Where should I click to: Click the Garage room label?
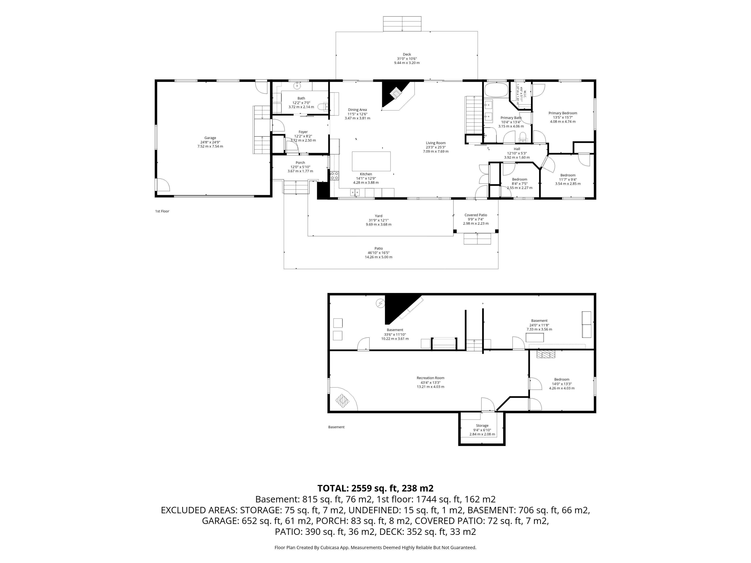[x=210, y=138]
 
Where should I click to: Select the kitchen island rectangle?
[x=371, y=161]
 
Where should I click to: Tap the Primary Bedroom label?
[x=563, y=113]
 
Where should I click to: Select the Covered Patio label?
[x=476, y=215]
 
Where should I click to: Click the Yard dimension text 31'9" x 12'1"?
[x=379, y=220]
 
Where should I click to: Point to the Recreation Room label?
[x=430, y=378]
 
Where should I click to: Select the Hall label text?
[x=517, y=149]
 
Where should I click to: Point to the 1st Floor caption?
[x=162, y=211]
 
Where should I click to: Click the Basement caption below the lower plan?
[x=336, y=427]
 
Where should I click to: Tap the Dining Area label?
[x=357, y=110]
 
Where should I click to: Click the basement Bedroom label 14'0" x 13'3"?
[x=561, y=379]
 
